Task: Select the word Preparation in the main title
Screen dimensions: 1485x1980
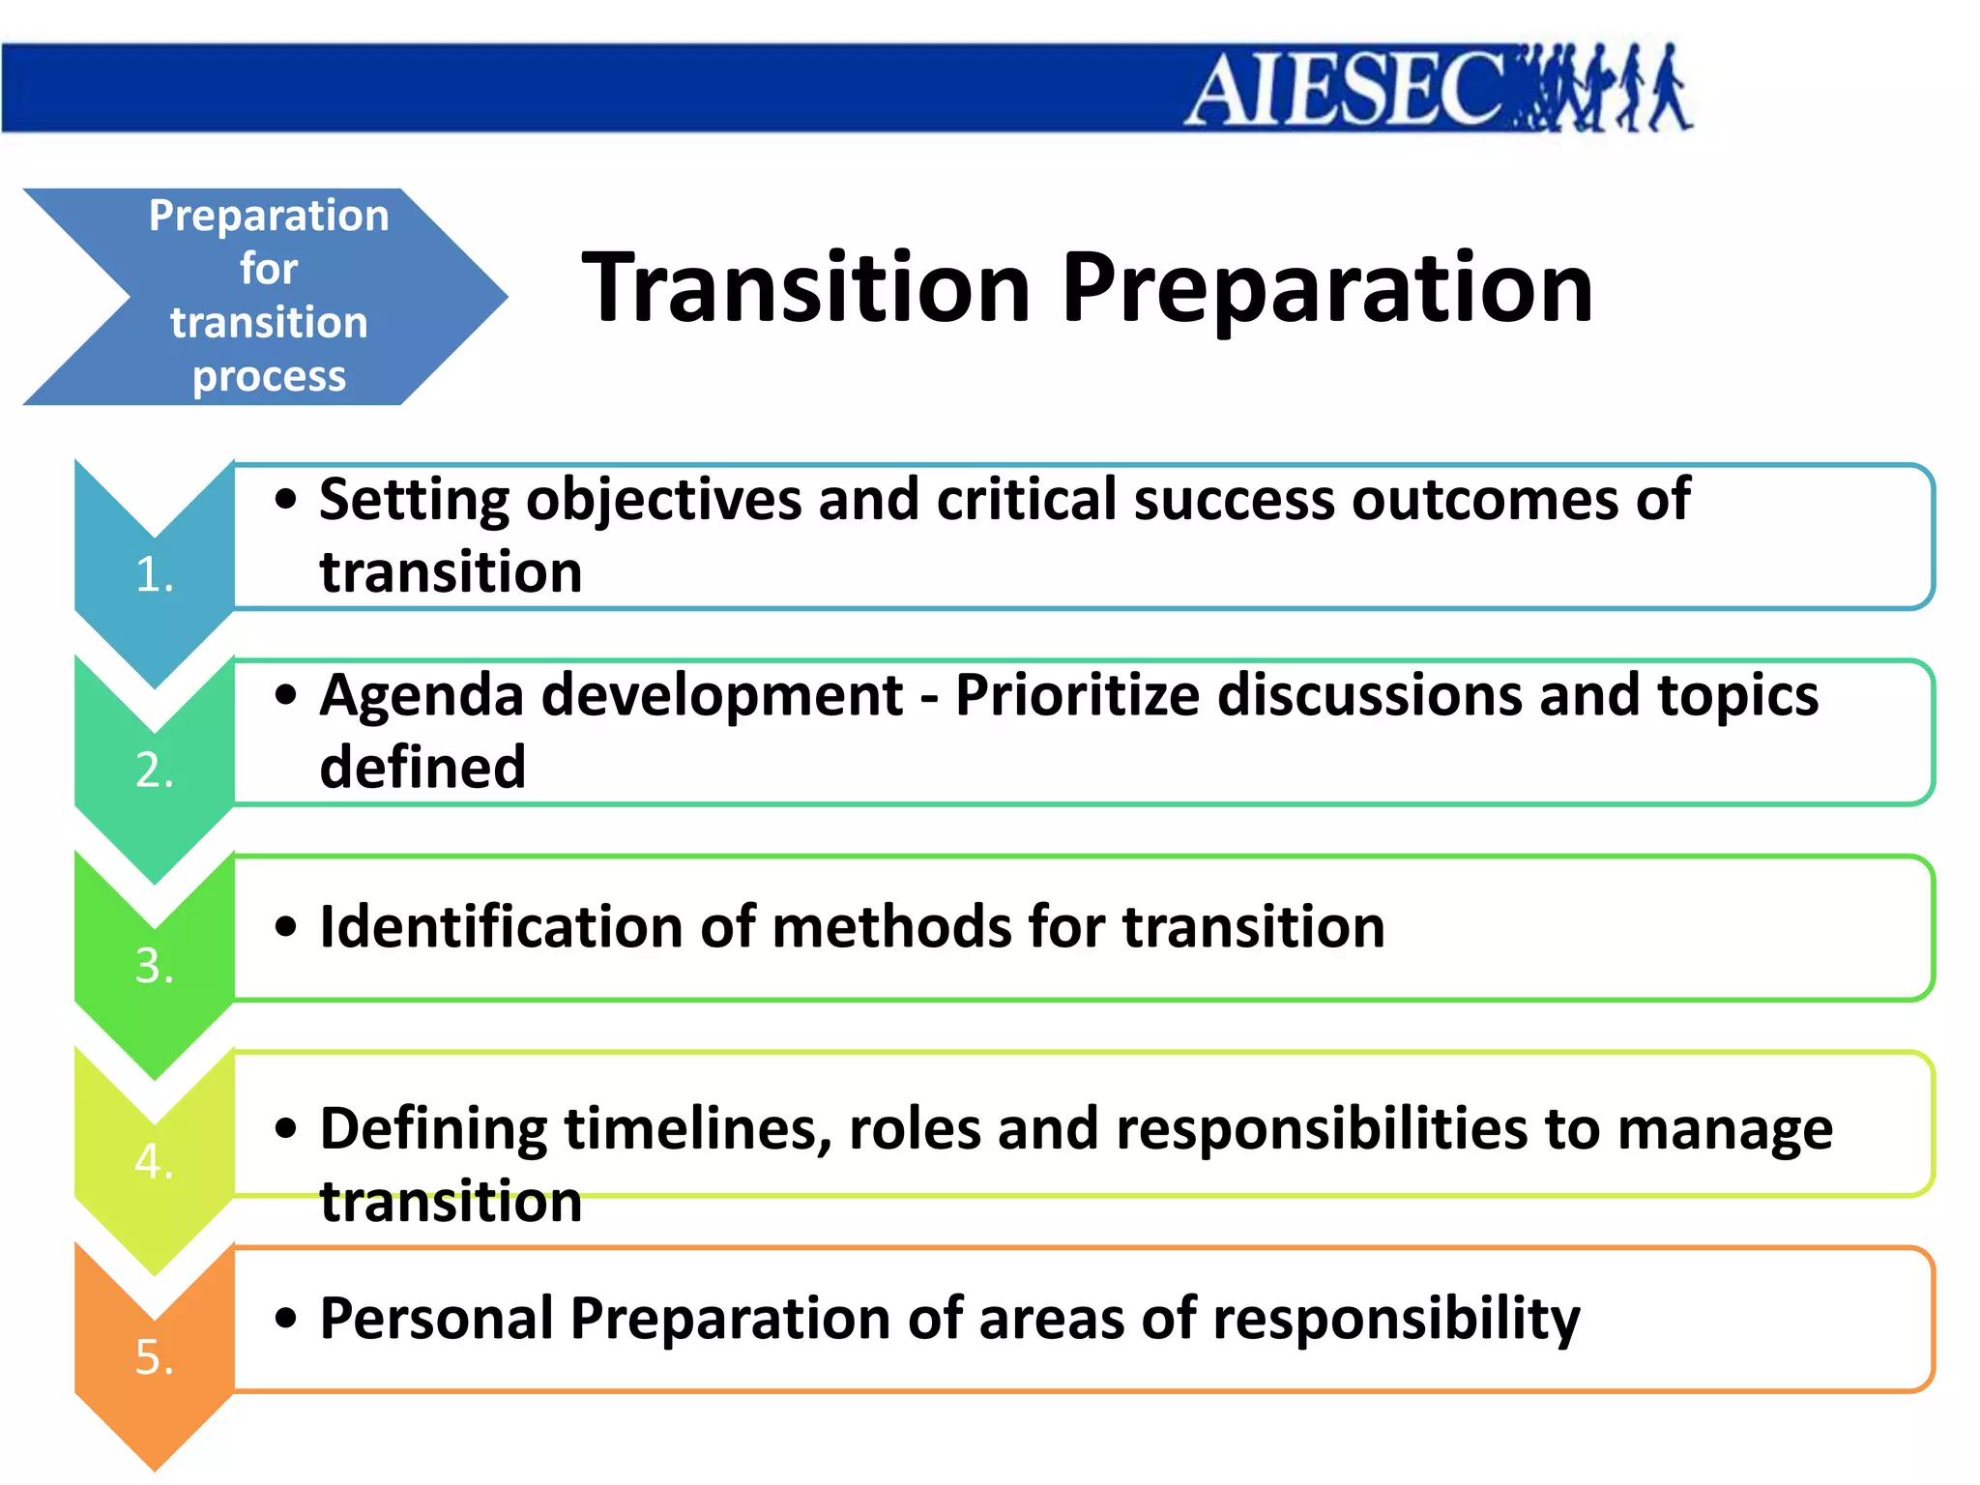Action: pyautogui.click(x=1326, y=289)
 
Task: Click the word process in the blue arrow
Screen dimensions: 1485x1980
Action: pyautogui.click(x=269, y=377)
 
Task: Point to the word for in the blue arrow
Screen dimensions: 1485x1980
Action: pyautogui.click(x=269, y=269)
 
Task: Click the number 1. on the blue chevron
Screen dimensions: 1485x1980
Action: pyautogui.click(x=155, y=574)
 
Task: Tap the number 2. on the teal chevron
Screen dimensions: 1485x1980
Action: pyautogui.click(x=155, y=771)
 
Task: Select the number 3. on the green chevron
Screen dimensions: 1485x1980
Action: pyautogui.click(x=155, y=966)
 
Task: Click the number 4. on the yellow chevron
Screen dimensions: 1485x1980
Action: pyautogui.click(x=155, y=1161)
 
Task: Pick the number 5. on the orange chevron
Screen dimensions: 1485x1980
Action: pyautogui.click(x=155, y=1357)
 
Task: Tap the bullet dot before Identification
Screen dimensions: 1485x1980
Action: pyautogui.click(x=285, y=926)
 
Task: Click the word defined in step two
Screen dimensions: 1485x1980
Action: pyautogui.click(x=422, y=768)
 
